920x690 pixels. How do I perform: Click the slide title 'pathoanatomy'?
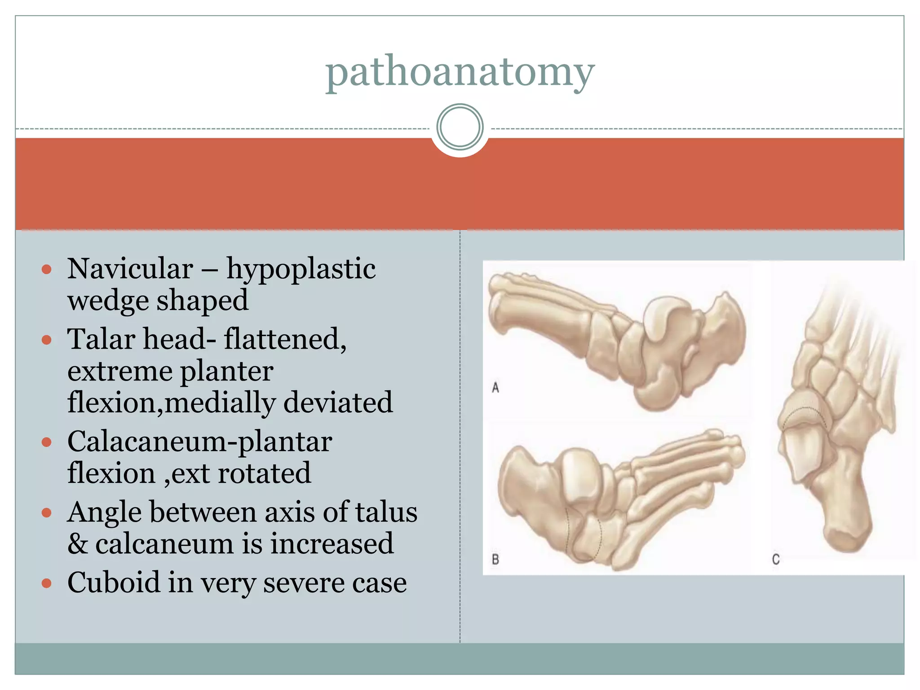click(x=460, y=72)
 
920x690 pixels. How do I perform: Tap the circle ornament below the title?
click(x=460, y=127)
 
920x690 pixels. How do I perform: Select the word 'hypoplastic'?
click(x=301, y=270)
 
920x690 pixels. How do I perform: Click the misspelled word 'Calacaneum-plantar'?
click(x=199, y=442)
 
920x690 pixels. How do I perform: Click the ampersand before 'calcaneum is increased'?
click(x=77, y=544)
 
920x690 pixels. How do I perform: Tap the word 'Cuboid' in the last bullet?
click(x=114, y=583)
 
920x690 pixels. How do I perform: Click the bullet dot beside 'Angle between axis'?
click(x=47, y=513)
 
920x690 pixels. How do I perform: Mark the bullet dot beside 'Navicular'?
click(x=47, y=270)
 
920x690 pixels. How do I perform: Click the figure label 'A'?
click(x=495, y=387)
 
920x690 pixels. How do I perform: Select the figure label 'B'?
click(x=495, y=559)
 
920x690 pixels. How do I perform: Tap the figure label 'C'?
click(x=776, y=559)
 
